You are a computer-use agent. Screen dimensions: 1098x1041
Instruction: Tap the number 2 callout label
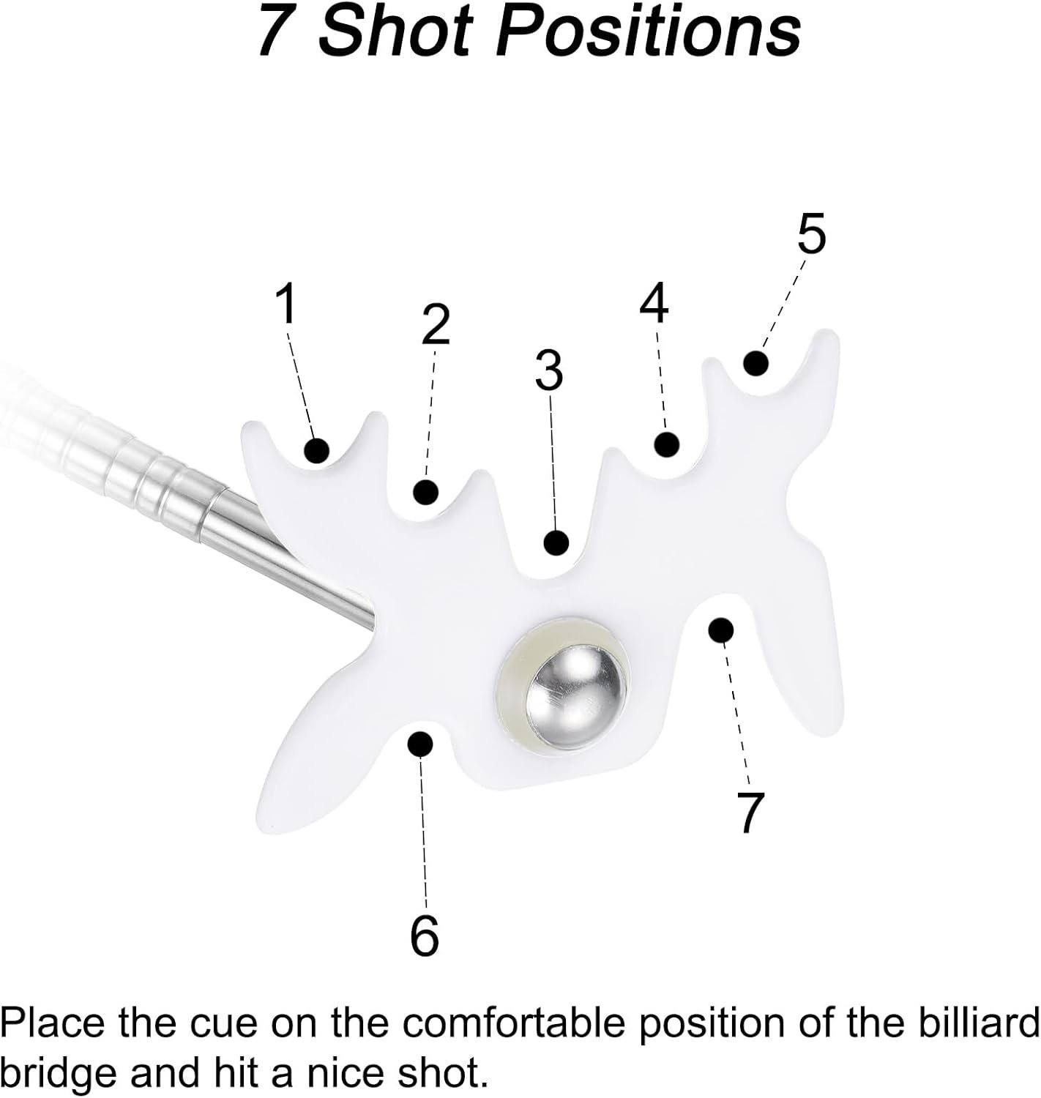(x=435, y=324)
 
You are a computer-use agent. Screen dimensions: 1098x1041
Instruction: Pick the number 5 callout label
(x=811, y=234)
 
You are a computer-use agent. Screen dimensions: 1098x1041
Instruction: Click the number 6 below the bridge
(x=424, y=935)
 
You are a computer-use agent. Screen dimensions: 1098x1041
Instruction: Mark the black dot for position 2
(x=425, y=491)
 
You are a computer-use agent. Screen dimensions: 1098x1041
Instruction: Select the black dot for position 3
(x=556, y=542)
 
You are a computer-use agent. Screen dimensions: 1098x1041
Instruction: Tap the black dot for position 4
(x=666, y=444)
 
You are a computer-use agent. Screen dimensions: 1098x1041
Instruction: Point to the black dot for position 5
(x=755, y=362)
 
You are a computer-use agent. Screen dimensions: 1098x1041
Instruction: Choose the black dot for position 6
(x=419, y=743)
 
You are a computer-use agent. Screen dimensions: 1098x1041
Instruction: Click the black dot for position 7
(x=721, y=629)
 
